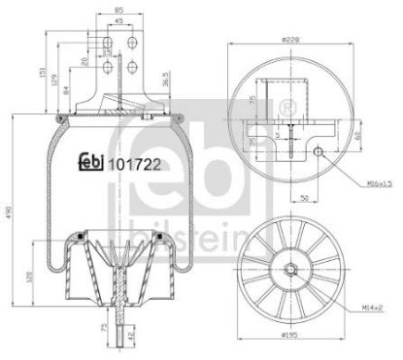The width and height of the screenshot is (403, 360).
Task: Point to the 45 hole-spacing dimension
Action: [118, 19]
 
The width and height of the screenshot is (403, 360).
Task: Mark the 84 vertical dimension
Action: [67, 94]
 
